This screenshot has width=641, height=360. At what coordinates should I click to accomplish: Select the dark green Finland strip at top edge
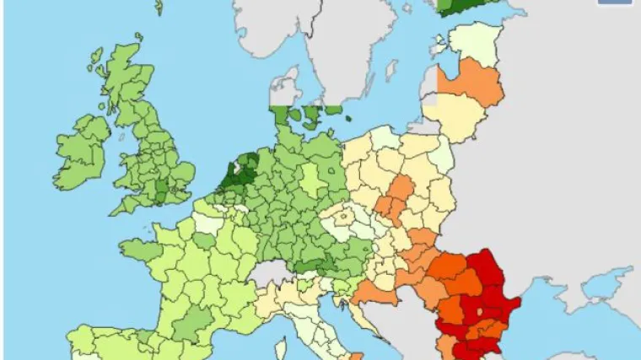pos(460,6)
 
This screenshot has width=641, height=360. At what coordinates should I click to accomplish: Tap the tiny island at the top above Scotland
pos(158,7)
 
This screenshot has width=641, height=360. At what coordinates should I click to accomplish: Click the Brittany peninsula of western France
pos(139,250)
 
